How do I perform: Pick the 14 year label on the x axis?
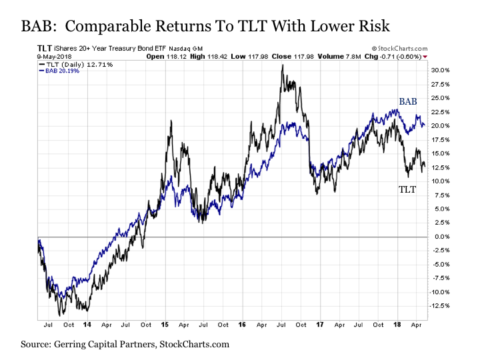coord(87,327)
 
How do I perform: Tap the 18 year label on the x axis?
coord(397,327)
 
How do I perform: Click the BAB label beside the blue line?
coord(408,101)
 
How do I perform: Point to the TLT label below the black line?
coord(407,190)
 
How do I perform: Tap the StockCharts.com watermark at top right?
coord(399,49)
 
